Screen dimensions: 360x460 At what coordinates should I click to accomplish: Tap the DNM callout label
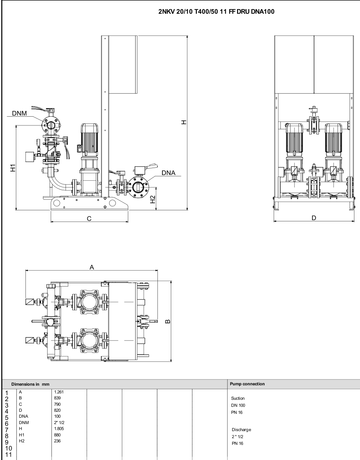[x=19, y=113]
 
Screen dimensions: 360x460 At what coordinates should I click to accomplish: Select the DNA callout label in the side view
[x=168, y=173]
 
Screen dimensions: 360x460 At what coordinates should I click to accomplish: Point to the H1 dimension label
[x=13, y=168]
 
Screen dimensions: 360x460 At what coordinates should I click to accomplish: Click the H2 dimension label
[x=153, y=199]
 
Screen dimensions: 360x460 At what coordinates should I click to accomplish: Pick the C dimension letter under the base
[x=89, y=218]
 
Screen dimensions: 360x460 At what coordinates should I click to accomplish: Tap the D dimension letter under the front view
[x=314, y=218]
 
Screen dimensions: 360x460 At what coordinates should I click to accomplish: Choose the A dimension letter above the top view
[x=92, y=267]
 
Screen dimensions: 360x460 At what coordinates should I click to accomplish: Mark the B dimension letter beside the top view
[x=167, y=321]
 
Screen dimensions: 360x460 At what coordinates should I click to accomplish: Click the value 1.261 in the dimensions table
[x=59, y=392]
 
